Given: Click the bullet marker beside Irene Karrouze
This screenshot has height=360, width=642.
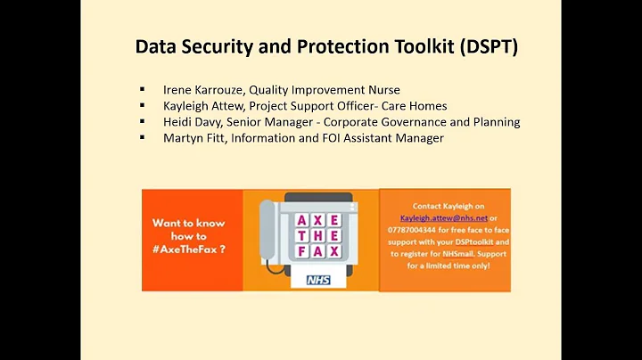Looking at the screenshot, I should (x=143, y=89).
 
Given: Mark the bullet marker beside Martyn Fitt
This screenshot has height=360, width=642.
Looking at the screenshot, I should (x=143, y=138).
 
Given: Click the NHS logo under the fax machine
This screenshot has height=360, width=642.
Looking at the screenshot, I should (x=318, y=280).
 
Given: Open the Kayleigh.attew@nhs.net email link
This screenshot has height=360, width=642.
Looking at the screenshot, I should (x=444, y=217).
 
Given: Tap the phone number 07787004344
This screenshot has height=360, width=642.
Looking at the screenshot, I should (x=420, y=229).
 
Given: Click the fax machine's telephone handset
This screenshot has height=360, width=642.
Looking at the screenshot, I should (x=267, y=233).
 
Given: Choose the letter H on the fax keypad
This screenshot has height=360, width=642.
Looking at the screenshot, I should (x=317, y=235).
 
